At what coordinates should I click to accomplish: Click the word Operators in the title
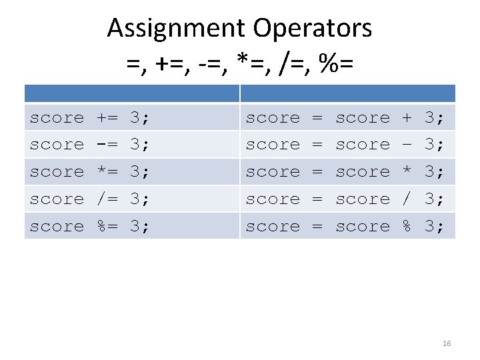tap(312, 28)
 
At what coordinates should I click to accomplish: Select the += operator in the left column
tap(107, 118)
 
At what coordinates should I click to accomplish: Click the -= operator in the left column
tap(107, 145)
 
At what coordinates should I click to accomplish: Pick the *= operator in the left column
tap(107, 172)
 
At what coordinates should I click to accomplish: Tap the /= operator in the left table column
tap(107, 199)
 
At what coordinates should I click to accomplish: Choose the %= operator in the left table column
tap(107, 227)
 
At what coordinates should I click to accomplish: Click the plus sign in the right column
tap(407, 118)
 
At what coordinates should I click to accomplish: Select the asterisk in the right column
tap(407, 172)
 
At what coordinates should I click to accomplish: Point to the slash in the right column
tap(407, 199)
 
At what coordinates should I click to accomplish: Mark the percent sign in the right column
tap(407, 227)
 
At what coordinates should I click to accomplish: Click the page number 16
tap(447, 343)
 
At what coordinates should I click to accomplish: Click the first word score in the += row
tap(57, 118)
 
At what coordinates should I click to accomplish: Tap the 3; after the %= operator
tap(140, 227)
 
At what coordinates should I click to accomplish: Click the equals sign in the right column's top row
tap(317, 118)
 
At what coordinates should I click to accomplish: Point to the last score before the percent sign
tap(362, 227)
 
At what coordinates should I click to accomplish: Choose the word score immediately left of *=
tap(57, 172)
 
